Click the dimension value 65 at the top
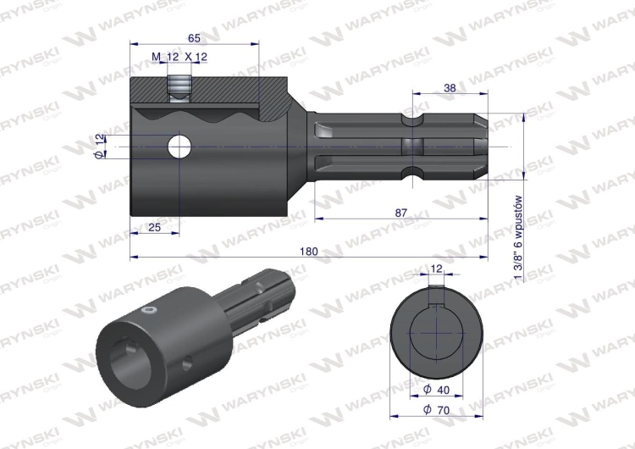194,38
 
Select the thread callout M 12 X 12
179,57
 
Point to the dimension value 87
400,212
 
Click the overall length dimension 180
309,252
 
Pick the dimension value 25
154,228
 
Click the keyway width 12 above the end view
436,269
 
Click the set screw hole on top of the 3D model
149,312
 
